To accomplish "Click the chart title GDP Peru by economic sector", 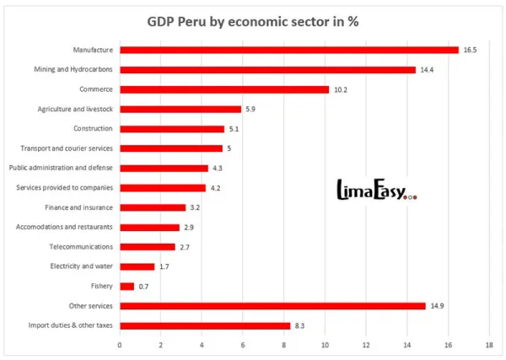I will coord(253,20).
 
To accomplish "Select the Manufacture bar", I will coord(289,50).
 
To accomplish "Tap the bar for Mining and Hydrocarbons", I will coord(267,69).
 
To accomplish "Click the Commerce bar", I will coord(224,89).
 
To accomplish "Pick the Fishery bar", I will coord(126,287).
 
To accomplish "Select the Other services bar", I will coord(272,306).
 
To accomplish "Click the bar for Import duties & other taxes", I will coord(205,325).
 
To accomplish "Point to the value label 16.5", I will coord(470,50).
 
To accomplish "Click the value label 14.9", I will coord(437,306).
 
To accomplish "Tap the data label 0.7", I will coord(143,287).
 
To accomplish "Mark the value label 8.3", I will coord(300,325).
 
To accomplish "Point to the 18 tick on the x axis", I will coord(489,346).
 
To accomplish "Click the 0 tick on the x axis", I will coord(120,346).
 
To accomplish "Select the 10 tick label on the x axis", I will coord(325,346).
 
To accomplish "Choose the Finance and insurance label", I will coord(78,207).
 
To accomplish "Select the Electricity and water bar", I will coord(137,266).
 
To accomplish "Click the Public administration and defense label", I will coord(61,168).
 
